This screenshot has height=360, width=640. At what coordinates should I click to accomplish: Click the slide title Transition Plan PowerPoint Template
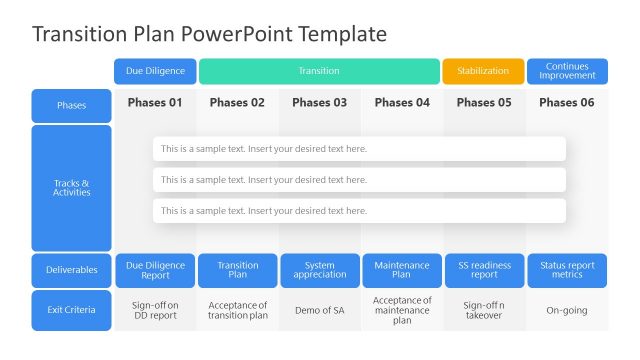point(209,34)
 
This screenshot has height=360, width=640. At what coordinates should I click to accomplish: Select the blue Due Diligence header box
point(155,71)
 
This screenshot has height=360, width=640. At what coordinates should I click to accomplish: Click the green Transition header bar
point(319,71)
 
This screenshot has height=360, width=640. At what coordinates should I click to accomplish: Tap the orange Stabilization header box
point(483,71)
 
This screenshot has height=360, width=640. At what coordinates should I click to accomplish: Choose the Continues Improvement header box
point(567,71)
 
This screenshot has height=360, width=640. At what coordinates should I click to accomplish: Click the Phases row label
point(71,105)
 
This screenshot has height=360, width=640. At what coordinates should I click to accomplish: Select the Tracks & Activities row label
point(71,188)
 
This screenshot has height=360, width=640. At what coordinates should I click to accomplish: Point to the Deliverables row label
point(71,270)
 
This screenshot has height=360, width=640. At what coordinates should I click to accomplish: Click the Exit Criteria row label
point(71,310)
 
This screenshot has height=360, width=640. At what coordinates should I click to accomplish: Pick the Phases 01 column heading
point(155,102)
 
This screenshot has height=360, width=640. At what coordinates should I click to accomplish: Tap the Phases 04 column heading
point(401,102)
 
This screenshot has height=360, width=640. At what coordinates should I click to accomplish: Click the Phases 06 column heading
point(566,102)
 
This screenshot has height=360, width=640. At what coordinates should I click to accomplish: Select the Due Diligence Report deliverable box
point(155,270)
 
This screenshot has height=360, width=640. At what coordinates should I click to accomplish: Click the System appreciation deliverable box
point(319,270)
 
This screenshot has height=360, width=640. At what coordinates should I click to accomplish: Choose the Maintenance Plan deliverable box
point(401,270)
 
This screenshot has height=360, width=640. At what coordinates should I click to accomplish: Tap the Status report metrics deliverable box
point(566,270)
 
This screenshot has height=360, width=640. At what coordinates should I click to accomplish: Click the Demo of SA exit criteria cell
point(319,310)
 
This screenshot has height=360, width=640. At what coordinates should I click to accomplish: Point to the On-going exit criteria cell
point(566,310)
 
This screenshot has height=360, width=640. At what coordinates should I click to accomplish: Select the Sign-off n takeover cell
point(483,310)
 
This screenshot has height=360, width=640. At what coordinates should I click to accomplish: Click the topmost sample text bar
point(359,149)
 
